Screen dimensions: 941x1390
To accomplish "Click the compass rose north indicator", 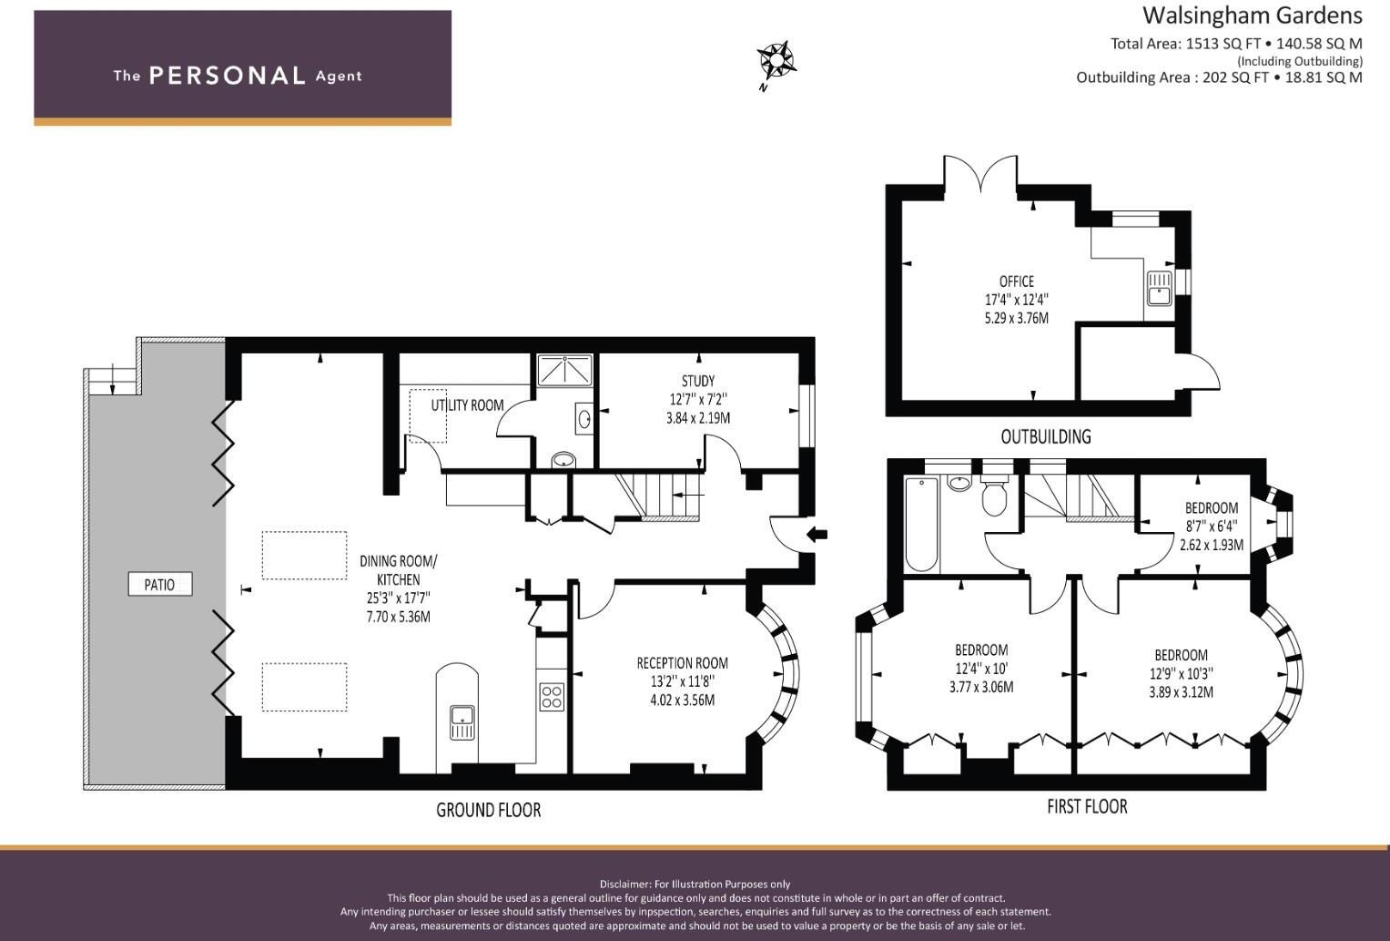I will (776, 62).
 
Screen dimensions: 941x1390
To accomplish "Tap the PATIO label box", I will (159, 584).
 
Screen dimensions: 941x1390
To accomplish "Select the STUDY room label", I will (698, 381).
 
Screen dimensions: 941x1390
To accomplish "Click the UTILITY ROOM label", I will (467, 405).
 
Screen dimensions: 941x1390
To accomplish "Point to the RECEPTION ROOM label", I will (682, 663).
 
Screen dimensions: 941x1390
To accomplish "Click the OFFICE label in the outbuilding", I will (1016, 281).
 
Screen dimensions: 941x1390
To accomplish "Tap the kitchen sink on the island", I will (462, 721).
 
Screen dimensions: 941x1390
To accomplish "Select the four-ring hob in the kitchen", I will (552, 697).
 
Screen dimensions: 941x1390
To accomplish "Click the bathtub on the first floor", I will (921, 525).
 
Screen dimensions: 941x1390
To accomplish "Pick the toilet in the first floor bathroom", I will (994, 496).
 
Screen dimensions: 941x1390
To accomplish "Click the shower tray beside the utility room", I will (563, 370).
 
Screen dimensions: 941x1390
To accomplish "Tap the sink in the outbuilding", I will (1159, 289).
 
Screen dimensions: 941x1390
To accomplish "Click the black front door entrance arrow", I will (817, 534).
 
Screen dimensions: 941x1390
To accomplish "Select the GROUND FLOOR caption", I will (488, 810).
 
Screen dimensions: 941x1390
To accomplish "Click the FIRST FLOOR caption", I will (1087, 806).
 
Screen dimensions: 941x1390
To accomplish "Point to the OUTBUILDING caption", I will (1045, 436).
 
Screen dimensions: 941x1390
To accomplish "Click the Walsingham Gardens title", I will (1252, 15).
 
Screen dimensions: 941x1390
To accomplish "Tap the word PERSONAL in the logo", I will (227, 76).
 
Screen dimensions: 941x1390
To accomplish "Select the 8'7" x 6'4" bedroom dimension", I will (1211, 526).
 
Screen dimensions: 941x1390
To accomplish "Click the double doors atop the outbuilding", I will (979, 173).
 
